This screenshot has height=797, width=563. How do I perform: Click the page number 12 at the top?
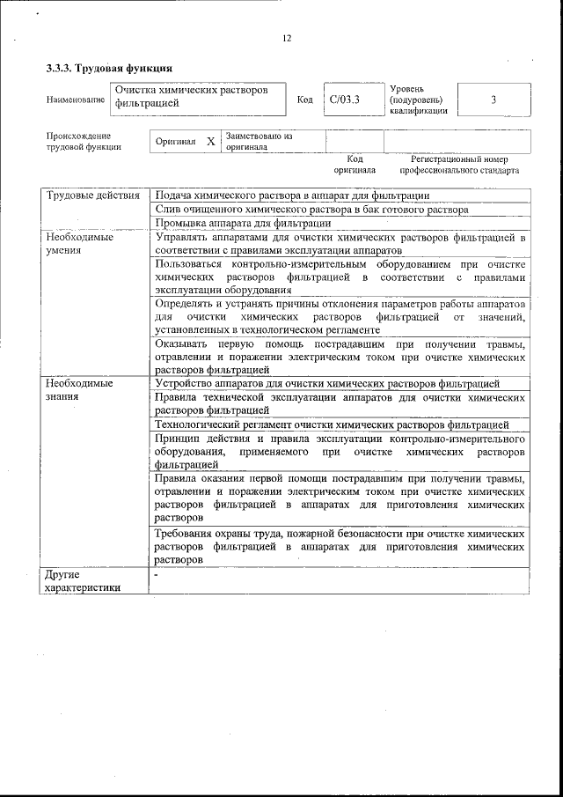(x=287, y=38)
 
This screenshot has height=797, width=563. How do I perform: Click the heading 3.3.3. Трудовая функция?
(x=108, y=68)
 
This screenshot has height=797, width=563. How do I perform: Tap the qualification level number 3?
(x=494, y=100)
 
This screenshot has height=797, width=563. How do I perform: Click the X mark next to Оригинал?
(x=210, y=141)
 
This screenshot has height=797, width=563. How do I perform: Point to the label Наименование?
(x=75, y=100)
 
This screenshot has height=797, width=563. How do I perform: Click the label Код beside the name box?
(x=305, y=100)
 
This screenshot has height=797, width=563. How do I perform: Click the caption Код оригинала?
(x=355, y=165)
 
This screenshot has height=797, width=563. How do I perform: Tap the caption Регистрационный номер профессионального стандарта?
(x=458, y=165)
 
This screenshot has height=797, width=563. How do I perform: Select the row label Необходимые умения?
(x=79, y=243)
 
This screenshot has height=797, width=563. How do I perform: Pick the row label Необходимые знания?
(x=79, y=390)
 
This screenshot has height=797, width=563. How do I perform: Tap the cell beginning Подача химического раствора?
(x=292, y=195)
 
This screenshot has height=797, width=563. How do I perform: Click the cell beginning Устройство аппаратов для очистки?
(x=327, y=384)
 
